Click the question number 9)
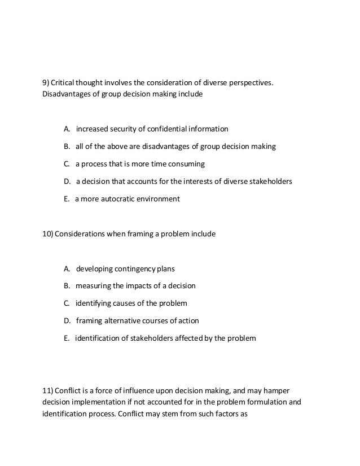[47, 83]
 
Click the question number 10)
[49, 232]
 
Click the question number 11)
[49, 391]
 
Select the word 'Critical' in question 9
[67, 83]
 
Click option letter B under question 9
[66, 147]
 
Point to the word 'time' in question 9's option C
[161, 164]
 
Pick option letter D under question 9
[67, 182]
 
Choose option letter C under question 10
[66, 303]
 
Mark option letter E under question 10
[66, 338]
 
